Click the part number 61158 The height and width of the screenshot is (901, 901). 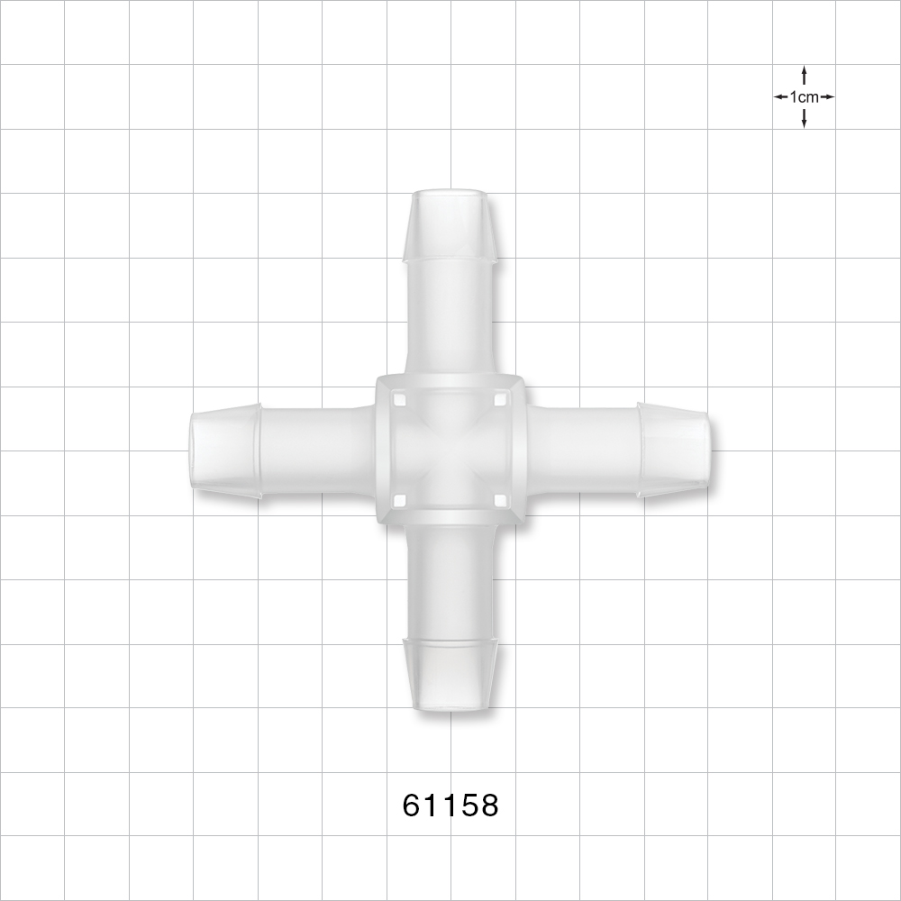(450, 805)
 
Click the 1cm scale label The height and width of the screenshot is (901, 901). (804, 96)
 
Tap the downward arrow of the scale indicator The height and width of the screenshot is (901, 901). (804, 120)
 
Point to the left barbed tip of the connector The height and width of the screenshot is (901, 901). (226, 450)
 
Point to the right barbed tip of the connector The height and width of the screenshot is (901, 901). (673, 450)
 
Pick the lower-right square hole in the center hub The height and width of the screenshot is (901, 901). (500, 500)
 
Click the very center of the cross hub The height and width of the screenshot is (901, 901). (450, 450)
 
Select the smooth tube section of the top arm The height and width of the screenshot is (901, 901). (450, 315)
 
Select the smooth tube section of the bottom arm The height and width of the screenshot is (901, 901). (450, 581)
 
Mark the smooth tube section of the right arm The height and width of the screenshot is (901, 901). (582, 450)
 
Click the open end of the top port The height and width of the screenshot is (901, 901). (450, 194)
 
